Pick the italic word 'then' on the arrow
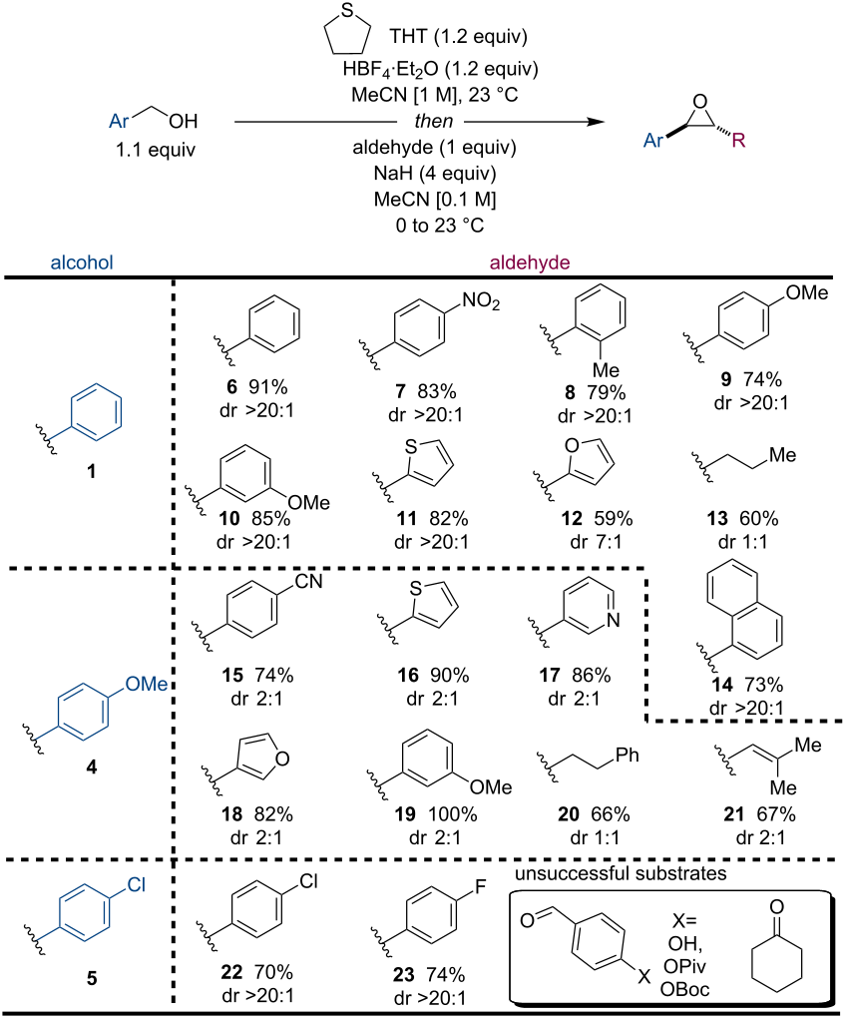pos(430,122)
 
